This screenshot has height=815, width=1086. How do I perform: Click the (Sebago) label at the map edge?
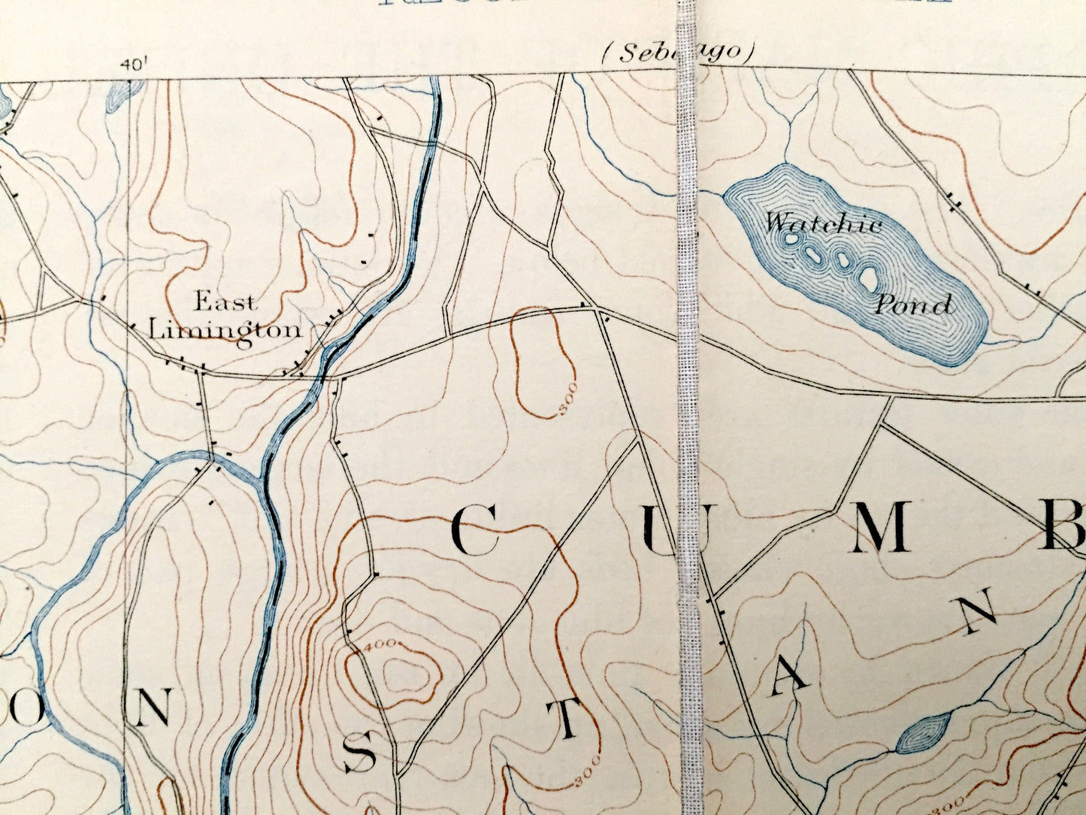[677, 53]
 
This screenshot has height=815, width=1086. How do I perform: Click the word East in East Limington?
[225, 303]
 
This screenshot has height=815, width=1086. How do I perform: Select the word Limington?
[225, 330]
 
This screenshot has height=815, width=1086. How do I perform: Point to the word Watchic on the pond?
[824, 223]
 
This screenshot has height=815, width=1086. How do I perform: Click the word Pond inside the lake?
[913, 304]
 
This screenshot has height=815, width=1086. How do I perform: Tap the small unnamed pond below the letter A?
[923, 733]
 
